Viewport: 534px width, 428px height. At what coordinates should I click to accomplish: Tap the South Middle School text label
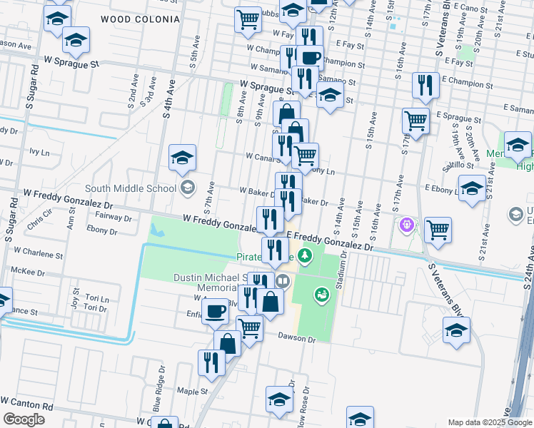coord(130,189)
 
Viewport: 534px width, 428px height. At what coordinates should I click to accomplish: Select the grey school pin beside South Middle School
coord(188,188)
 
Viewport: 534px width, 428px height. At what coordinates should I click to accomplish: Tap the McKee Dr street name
coord(28,272)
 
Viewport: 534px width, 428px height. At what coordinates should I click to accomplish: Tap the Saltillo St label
coord(457,165)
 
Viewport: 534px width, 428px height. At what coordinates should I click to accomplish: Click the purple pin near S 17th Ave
coord(408,225)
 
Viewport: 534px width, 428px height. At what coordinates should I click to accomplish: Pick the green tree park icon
coord(306,255)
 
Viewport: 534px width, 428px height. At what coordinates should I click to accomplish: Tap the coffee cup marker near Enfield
coord(215,311)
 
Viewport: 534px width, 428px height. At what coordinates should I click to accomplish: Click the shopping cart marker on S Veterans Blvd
coord(438,230)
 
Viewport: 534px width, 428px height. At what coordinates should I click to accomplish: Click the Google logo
coord(24,419)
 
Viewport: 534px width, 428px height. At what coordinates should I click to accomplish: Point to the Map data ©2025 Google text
coord(489,422)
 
